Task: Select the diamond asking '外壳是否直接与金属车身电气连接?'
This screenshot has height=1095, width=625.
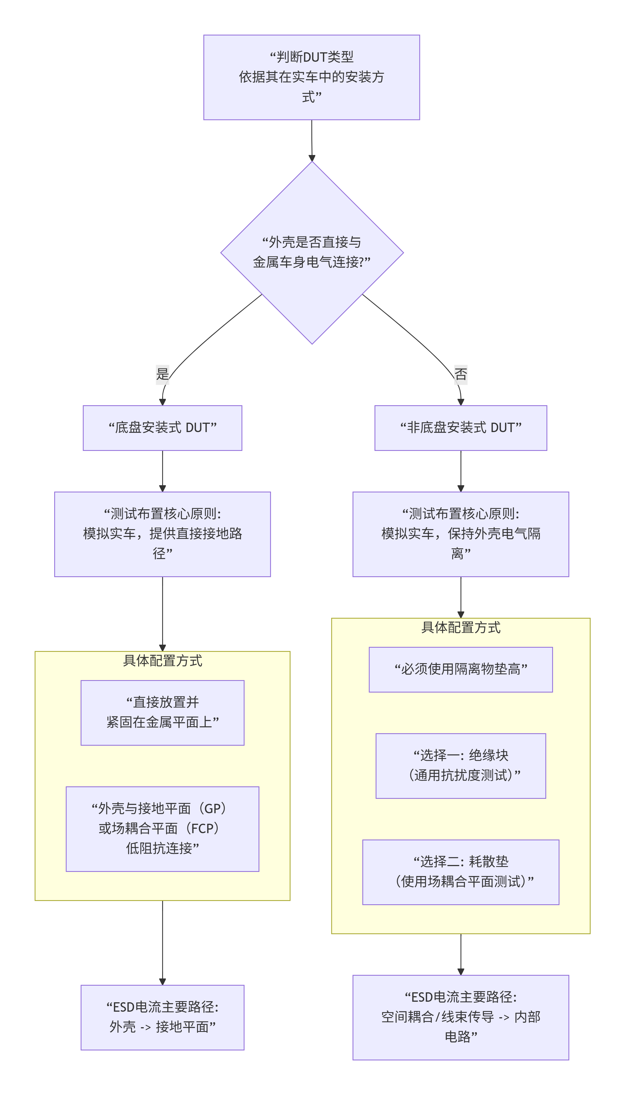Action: (312, 252)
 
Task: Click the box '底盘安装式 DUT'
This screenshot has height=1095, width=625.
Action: (162, 428)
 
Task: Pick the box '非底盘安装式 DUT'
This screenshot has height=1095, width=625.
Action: (461, 428)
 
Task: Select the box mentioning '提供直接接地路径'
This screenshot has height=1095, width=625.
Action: (162, 534)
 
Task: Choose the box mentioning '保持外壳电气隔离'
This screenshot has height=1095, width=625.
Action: (461, 534)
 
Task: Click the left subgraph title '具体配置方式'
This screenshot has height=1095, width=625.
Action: (162, 661)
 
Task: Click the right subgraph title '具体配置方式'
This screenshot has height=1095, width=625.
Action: (461, 627)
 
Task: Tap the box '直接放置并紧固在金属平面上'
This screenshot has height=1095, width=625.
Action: (162, 712)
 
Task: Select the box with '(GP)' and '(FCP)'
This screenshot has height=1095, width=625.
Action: (162, 828)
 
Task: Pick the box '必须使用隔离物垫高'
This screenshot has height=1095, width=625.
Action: (461, 669)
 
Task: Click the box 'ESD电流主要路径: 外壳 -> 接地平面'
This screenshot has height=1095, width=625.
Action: (162, 1017)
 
